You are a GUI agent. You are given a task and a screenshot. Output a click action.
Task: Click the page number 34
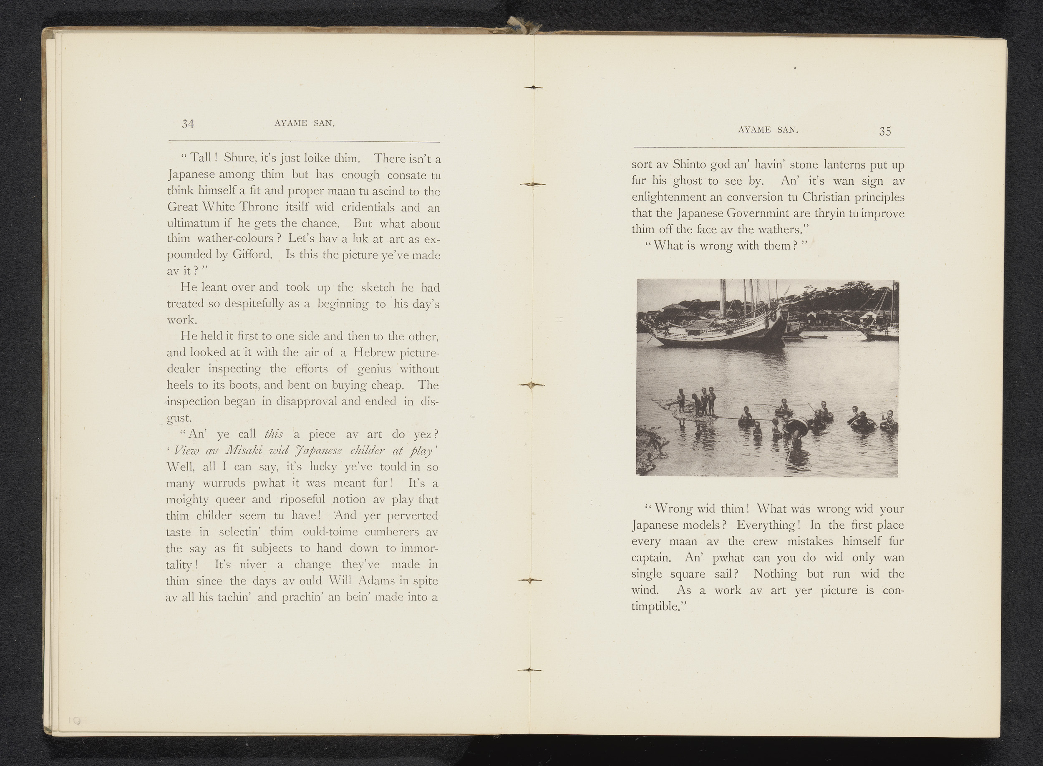point(188,124)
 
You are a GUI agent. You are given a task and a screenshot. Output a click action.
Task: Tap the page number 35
point(885,132)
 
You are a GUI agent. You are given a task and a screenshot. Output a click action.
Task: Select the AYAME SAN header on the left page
point(305,123)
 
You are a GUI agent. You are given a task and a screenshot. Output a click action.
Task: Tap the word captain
point(651,558)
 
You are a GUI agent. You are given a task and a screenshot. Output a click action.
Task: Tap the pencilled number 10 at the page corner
point(75,721)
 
